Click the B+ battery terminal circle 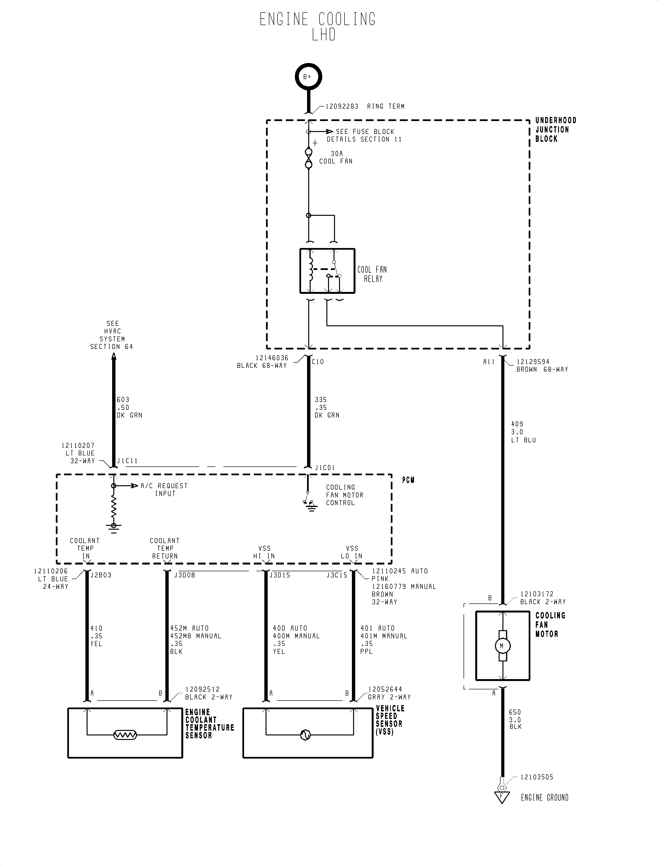click(308, 77)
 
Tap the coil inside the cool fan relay click(311, 269)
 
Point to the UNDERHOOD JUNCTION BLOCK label click(555, 130)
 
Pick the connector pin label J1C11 click(127, 461)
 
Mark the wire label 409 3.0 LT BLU click(523, 432)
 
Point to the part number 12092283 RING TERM click(365, 106)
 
